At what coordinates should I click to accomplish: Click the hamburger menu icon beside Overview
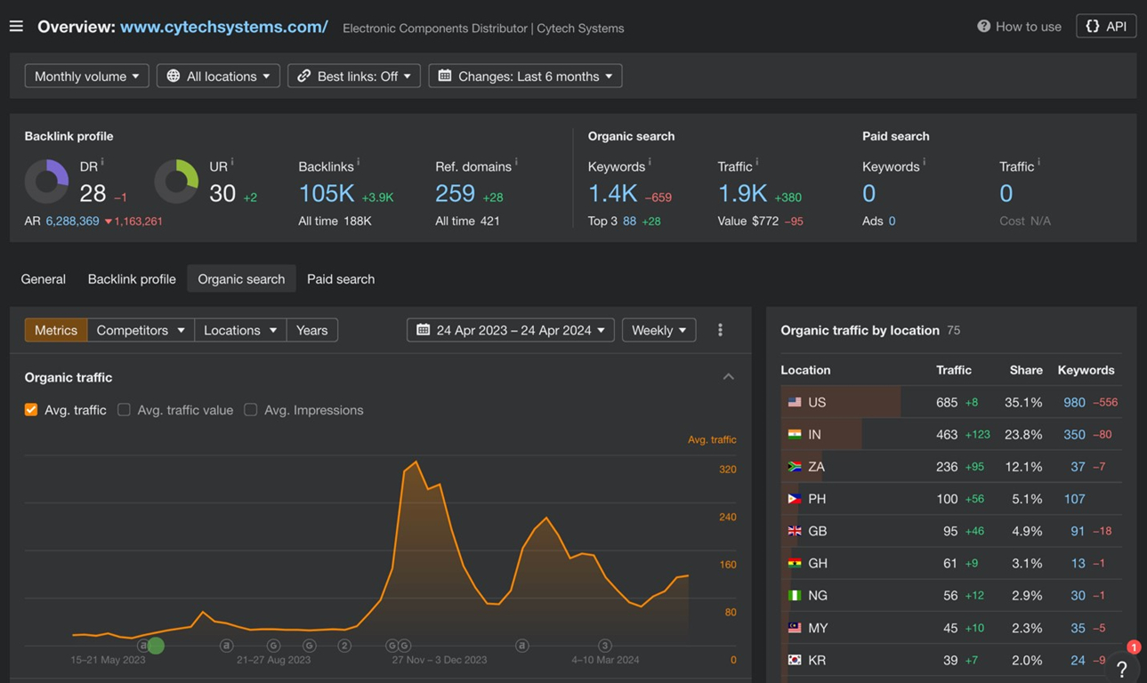coord(16,26)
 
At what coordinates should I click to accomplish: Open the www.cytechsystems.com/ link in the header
coord(223,27)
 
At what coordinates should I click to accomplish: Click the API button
coord(1106,26)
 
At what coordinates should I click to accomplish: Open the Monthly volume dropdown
coord(86,76)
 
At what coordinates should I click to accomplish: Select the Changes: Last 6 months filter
coord(525,76)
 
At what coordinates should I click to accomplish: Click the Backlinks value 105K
coord(327,193)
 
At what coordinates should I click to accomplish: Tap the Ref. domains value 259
coord(456,193)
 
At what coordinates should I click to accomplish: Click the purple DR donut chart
coord(46,181)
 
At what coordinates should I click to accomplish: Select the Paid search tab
coord(341,279)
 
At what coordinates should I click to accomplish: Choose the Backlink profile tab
coord(132,279)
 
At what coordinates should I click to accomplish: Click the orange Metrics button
coord(56,330)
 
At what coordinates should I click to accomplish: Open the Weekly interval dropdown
coord(658,330)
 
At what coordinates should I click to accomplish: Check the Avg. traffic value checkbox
coord(124,410)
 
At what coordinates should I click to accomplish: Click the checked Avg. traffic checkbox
coord(31,410)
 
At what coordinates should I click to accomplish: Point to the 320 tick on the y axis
coord(728,470)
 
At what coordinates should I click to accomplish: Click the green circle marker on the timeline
coord(157,646)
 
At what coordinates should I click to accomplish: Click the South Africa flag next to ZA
coord(795,467)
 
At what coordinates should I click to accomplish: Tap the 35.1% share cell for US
coord(1023,402)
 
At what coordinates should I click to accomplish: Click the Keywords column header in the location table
coord(1086,370)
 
